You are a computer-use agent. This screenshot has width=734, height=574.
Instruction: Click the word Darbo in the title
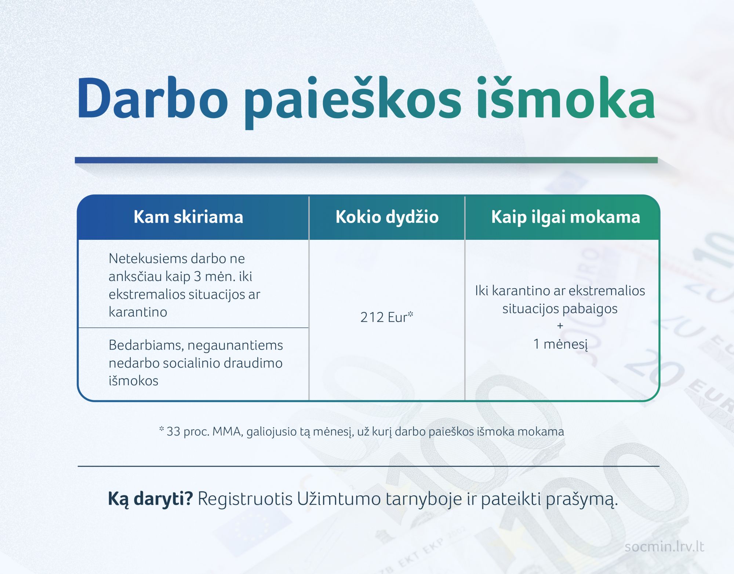pyautogui.click(x=152, y=98)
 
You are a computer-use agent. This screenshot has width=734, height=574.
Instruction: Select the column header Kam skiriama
pyautogui.click(x=188, y=217)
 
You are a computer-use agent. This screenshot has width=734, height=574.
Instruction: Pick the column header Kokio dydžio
pyautogui.click(x=387, y=217)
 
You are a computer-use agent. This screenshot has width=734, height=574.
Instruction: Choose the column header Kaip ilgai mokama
pyautogui.click(x=566, y=217)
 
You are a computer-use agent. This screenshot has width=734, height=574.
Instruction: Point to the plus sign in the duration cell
pyautogui.click(x=560, y=326)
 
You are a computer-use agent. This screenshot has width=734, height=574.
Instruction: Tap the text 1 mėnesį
pyautogui.click(x=560, y=344)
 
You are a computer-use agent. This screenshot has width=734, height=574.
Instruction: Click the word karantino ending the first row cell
pyautogui.click(x=138, y=312)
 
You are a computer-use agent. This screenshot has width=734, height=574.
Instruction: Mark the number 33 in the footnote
pyautogui.click(x=173, y=432)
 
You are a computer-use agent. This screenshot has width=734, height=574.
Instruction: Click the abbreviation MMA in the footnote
pyautogui.click(x=228, y=432)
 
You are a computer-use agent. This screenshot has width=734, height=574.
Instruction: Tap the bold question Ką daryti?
pyautogui.click(x=150, y=499)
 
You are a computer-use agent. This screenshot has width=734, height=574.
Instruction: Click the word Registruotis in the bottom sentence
pyautogui.click(x=245, y=499)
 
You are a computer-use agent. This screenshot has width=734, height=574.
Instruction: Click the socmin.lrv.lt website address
pyautogui.click(x=664, y=546)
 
